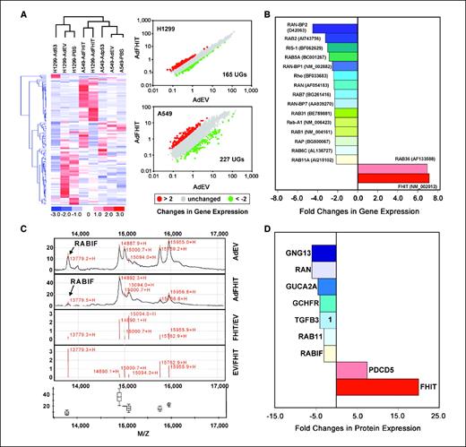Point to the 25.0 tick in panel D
(438, 415)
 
